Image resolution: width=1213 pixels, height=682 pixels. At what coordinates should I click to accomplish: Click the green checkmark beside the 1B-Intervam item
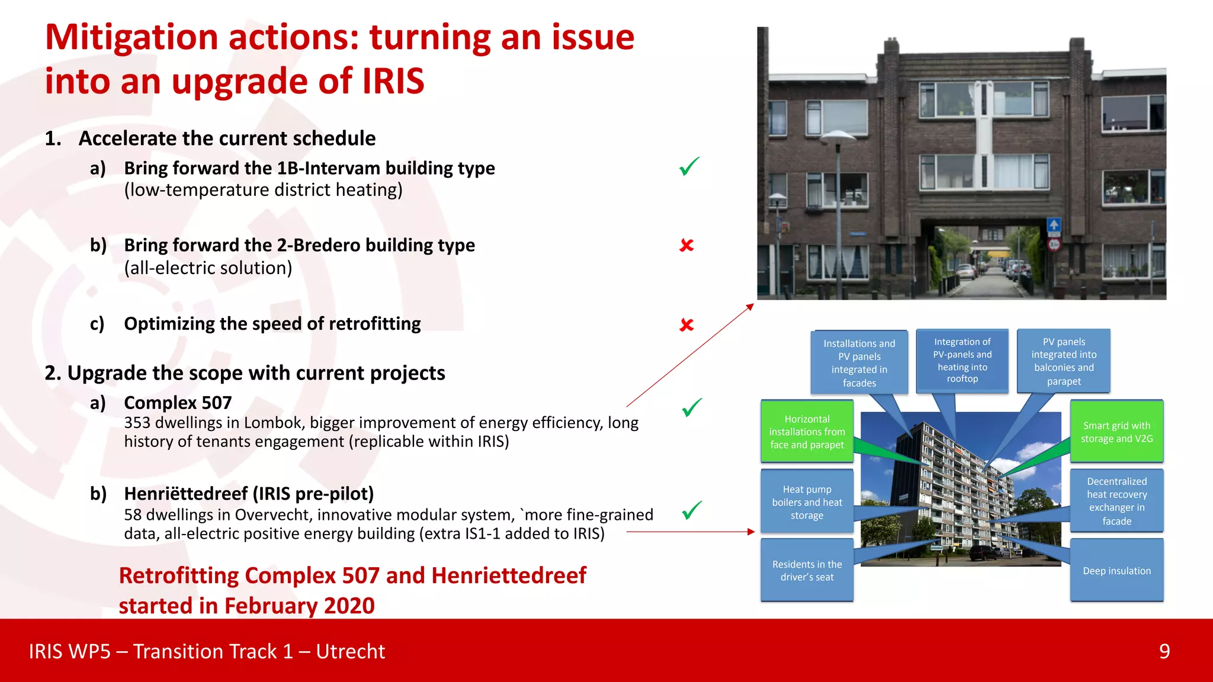[x=689, y=166]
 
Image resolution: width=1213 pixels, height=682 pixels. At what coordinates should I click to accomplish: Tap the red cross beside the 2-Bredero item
[x=686, y=245]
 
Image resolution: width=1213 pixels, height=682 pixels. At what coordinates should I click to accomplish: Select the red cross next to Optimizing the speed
[x=686, y=324]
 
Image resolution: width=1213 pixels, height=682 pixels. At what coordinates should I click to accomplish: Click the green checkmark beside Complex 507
[x=691, y=407]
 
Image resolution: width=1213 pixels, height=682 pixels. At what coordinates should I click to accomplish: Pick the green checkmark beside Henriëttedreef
[x=691, y=510]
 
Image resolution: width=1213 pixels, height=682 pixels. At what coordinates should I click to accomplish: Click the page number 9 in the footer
[x=1164, y=651]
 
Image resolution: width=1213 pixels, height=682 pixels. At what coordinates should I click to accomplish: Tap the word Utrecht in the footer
[x=350, y=651]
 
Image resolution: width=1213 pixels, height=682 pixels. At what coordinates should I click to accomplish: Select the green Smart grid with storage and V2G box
[x=1116, y=432]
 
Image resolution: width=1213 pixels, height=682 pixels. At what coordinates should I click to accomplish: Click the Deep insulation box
[x=1116, y=570]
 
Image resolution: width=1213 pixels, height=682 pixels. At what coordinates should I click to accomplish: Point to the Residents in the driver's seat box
[x=807, y=570]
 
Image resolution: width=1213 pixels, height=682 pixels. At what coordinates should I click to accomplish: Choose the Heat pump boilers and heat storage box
[x=807, y=501]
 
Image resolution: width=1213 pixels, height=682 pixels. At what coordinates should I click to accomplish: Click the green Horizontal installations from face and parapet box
[x=807, y=432]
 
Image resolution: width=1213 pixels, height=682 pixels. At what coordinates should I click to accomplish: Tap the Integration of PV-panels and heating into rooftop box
[x=962, y=360]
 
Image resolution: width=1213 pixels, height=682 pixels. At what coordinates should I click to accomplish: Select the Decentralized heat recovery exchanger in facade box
[x=1116, y=501]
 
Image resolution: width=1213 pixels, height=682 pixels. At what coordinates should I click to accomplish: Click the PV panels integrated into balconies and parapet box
[x=1064, y=361]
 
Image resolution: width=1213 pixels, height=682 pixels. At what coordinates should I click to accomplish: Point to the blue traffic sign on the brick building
[x=1054, y=226]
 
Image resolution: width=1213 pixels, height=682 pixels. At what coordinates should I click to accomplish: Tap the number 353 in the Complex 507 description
[x=137, y=423]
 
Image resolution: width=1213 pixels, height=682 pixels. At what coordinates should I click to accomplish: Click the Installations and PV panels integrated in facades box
[x=859, y=362]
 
